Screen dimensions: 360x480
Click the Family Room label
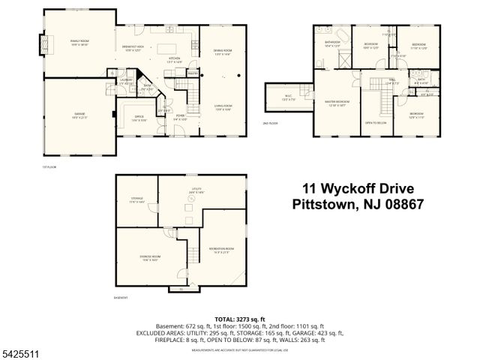click(x=79, y=43)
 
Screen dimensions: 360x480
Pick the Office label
click(x=139, y=118)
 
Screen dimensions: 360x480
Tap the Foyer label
click(x=181, y=117)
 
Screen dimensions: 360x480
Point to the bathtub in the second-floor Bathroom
click(x=343, y=36)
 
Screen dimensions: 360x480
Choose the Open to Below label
click(x=375, y=122)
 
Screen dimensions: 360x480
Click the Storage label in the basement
click(x=136, y=199)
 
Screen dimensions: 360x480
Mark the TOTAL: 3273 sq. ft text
click(x=240, y=319)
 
